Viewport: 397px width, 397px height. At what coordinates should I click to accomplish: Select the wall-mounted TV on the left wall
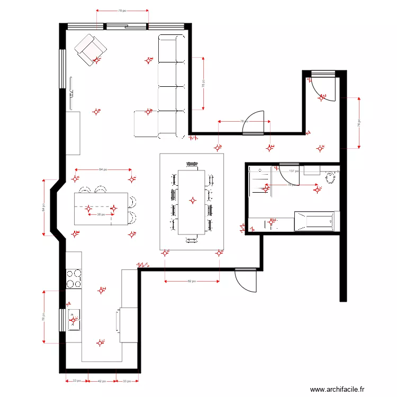coord(70,87)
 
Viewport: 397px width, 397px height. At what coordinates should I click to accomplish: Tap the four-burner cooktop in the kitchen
coord(74,279)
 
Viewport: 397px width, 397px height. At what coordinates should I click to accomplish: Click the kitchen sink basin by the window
coord(74,320)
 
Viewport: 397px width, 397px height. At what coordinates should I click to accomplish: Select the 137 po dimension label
coord(294,171)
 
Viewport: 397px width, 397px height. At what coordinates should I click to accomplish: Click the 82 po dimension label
coord(192,282)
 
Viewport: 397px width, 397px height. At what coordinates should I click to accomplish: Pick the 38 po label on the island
coord(100,215)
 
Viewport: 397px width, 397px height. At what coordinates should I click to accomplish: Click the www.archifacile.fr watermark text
coord(337,389)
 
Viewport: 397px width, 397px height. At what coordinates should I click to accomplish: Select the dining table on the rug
coord(192,202)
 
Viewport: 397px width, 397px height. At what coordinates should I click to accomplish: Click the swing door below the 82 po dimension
coord(246,280)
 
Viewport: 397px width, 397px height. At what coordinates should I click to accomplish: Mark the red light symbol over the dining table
coord(193,200)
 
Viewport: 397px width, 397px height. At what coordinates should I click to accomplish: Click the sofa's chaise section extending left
coord(146,124)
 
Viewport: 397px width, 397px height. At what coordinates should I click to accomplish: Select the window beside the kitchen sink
coord(62,320)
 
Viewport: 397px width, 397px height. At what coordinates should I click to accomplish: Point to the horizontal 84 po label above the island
coord(103,169)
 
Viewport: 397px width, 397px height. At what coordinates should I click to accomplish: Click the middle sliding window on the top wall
coord(126,25)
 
